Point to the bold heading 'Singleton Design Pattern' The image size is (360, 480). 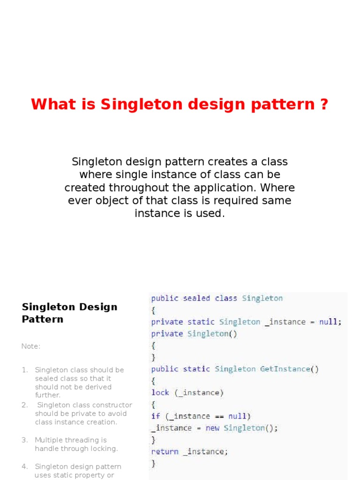69,313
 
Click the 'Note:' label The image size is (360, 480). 31,346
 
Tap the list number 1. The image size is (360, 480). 24,370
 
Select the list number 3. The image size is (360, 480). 24,440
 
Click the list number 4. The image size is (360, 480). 24,466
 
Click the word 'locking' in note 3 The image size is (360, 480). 103,449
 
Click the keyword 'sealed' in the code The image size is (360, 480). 196,298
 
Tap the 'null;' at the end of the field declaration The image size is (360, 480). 330,322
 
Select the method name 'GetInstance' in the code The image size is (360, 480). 285,369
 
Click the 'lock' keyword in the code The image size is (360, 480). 160,392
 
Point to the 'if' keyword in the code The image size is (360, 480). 156,416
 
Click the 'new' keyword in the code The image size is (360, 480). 213,428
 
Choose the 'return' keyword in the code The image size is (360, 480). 165,451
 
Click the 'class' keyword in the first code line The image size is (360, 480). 226,298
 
